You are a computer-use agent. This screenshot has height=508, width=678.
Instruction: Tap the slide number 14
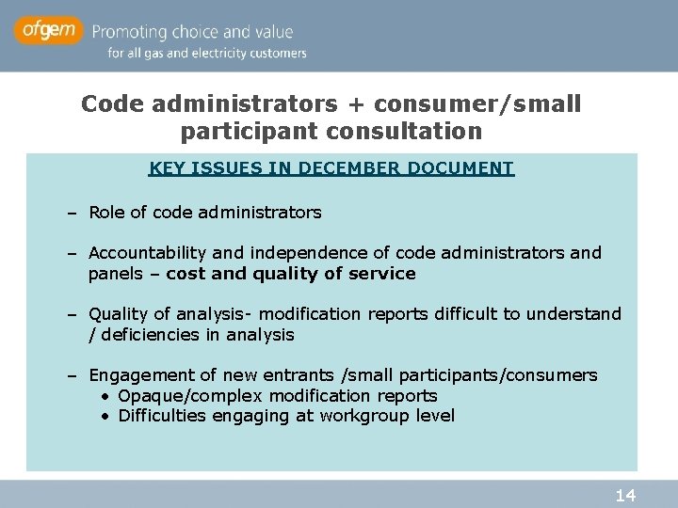[x=625, y=495]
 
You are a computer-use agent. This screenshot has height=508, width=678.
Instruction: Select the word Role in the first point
[x=106, y=213]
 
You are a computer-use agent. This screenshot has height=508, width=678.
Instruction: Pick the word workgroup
[x=364, y=416]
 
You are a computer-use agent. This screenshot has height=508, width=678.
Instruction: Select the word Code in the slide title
[x=105, y=103]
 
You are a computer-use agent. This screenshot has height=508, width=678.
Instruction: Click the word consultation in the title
[x=395, y=130]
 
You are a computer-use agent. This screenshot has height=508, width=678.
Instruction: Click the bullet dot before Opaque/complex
[x=106, y=396]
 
